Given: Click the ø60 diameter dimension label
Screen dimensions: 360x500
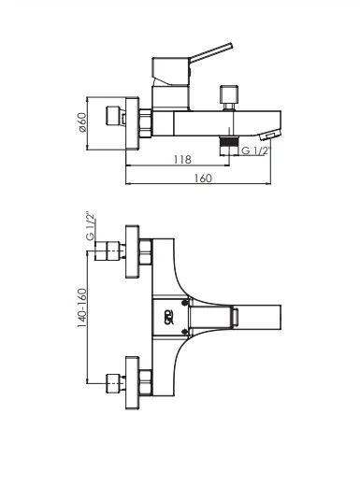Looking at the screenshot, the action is (x=82, y=122).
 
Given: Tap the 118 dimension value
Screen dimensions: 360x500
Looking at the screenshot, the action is (x=182, y=159).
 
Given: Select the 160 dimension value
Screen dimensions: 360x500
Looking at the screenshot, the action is (x=203, y=178).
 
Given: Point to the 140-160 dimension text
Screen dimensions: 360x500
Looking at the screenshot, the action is (x=82, y=307).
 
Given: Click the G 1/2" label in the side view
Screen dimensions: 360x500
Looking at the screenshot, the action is (x=256, y=150).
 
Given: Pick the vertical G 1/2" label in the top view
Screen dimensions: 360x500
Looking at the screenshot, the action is (x=91, y=226).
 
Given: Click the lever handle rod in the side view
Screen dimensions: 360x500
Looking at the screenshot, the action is (x=211, y=51).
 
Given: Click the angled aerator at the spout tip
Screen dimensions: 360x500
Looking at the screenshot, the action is (x=270, y=135).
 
